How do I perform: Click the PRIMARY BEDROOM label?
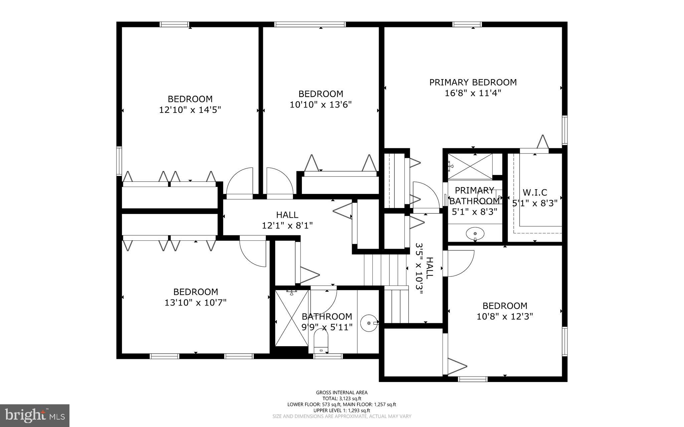click(473, 82)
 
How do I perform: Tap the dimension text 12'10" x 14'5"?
click(190, 110)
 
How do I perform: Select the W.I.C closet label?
click(535, 193)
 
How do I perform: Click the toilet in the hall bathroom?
click(321, 341)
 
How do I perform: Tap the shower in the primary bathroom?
click(470, 166)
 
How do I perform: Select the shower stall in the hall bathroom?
click(292, 318)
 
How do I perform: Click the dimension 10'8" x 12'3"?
click(505, 316)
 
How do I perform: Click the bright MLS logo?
click(35, 415)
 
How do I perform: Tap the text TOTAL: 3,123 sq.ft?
click(342, 398)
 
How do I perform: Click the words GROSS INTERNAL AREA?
click(342, 393)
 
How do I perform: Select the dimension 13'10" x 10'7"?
click(195, 302)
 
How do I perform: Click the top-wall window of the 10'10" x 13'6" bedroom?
click(310, 24)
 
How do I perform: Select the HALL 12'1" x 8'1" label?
click(287, 220)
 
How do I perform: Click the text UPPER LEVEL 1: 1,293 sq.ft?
click(342, 410)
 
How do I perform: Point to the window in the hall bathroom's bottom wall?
click(328, 356)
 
